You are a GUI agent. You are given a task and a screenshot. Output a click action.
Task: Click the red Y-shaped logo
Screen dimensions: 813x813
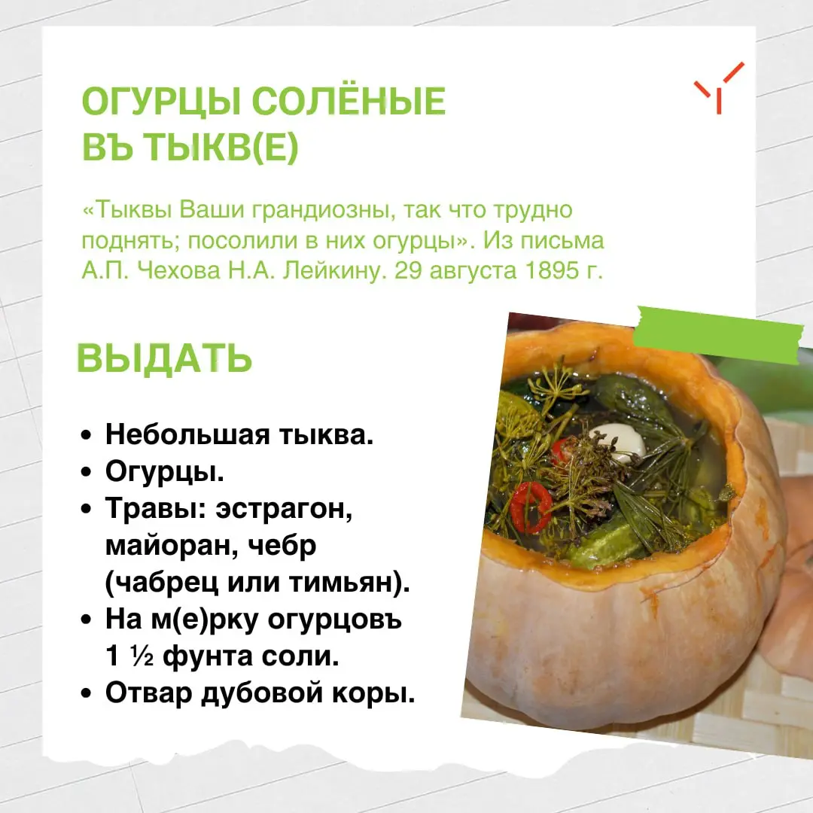pyautogui.click(x=719, y=87)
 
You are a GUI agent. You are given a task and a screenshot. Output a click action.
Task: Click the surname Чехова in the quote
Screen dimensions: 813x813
pyautogui.click(x=179, y=270)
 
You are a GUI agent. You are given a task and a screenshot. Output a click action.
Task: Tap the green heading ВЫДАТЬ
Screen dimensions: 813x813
pyautogui.click(x=164, y=358)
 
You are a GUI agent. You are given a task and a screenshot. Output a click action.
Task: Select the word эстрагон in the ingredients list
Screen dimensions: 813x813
pyautogui.click(x=284, y=509)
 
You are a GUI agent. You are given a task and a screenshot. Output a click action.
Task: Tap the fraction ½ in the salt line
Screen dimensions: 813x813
pyautogui.click(x=142, y=657)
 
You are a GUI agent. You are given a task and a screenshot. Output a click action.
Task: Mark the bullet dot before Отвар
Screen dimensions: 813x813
pyautogui.click(x=86, y=694)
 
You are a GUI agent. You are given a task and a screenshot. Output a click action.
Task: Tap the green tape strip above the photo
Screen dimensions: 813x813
pyautogui.click(x=717, y=335)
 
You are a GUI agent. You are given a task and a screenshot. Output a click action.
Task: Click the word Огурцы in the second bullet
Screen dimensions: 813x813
pyautogui.click(x=165, y=473)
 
